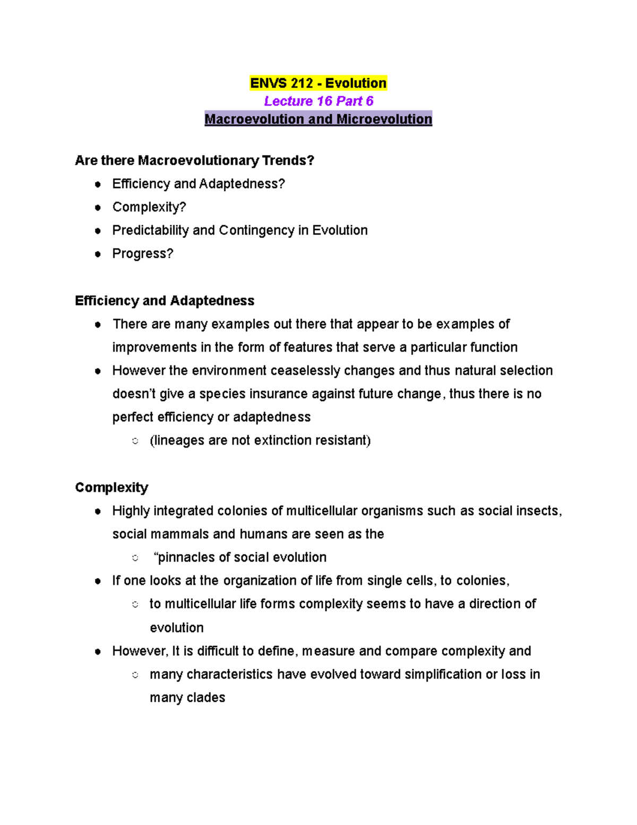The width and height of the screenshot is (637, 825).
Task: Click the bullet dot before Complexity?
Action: click(x=98, y=208)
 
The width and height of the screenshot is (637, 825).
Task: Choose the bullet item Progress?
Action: click(x=142, y=254)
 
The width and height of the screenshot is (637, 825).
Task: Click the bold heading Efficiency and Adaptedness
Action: click(x=165, y=301)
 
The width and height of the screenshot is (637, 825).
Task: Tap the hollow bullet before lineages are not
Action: click(x=135, y=441)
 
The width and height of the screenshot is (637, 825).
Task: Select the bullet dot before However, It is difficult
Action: click(x=98, y=652)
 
